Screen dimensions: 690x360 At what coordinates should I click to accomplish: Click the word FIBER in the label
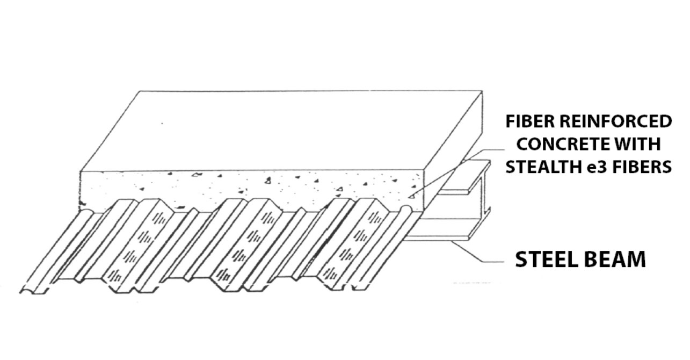tap(531, 121)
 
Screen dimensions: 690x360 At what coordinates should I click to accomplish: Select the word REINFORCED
tap(616, 121)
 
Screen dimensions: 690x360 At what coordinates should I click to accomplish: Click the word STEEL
tap(547, 259)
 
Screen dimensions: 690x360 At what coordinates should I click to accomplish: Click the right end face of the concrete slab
tap(453, 151)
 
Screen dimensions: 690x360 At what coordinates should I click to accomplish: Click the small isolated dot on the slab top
tap(162, 124)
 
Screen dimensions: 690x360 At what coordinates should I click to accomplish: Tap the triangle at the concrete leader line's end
tap(411, 196)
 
